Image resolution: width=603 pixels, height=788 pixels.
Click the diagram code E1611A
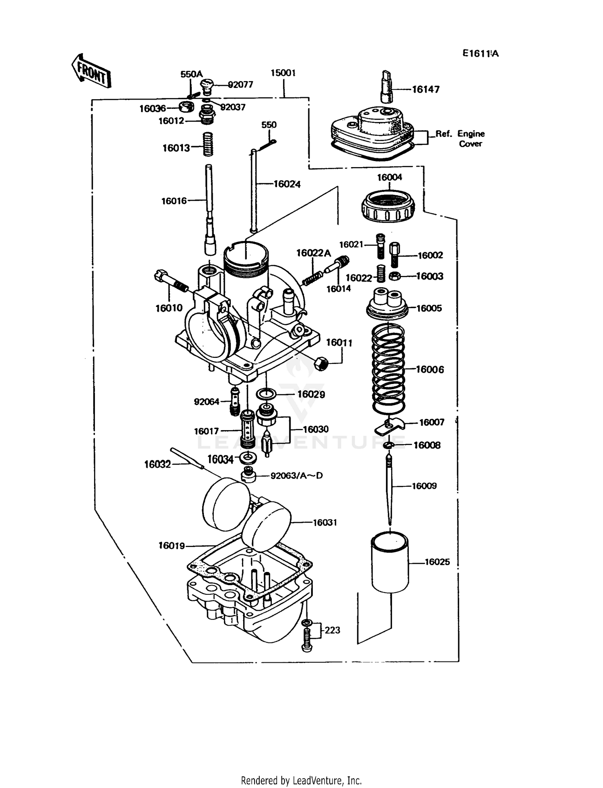(480, 53)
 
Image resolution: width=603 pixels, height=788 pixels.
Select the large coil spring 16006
(388, 369)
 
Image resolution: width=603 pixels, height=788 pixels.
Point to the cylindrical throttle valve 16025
(389, 562)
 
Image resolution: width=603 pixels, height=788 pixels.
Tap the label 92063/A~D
(296, 476)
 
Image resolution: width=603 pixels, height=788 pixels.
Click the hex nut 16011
(322, 363)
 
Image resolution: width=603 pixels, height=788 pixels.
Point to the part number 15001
(283, 73)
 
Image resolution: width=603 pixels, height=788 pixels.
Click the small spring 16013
(207, 144)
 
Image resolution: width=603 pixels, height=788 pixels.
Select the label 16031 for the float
(324, 523)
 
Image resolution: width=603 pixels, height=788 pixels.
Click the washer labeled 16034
(248, 457)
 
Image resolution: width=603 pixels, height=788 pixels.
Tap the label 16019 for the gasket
(171, 545)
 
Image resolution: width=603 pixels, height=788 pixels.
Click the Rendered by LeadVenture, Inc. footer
(301, 780)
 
